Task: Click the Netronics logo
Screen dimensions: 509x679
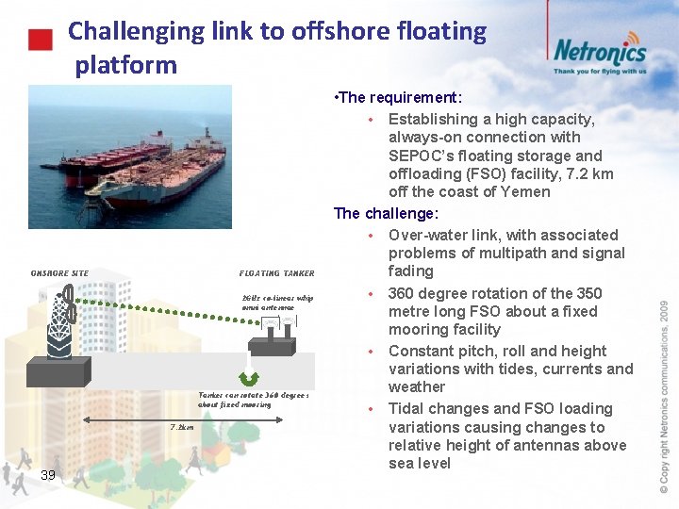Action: [x=599, y=51]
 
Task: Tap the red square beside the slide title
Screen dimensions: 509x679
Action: [x=39, y=41]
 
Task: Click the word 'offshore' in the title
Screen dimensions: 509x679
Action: [x=339, y=31]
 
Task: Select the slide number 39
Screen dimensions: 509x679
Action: [x=48, y=474]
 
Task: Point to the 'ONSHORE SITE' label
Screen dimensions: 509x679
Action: [x=60, y=273]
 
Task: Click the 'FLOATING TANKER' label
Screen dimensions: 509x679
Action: [x=276, y=273]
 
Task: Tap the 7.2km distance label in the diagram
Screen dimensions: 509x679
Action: [x=182, y=427]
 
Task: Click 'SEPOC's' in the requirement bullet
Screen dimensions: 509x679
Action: [x=422, y=156]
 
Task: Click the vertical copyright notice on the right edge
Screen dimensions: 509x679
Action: [x=664, y=396]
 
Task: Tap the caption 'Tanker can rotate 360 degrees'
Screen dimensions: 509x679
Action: [x=254, y=396]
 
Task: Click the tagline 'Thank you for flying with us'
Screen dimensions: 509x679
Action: [x=600, y=71]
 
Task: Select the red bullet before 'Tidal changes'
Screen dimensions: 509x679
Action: [x=373, y=409]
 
